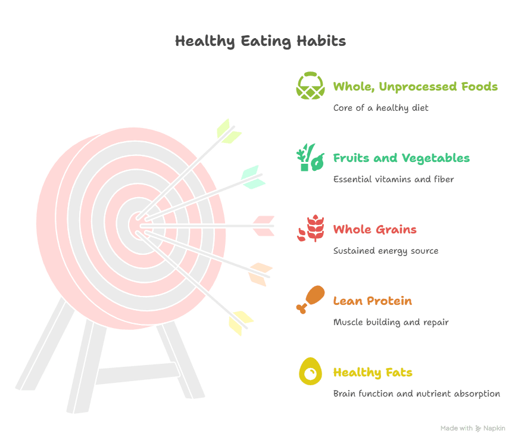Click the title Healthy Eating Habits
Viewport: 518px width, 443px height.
[260, 41]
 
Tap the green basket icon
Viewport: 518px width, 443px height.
[311, 86]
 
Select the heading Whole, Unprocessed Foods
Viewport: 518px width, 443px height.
[415, 86]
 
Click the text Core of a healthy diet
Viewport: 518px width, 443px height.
[380, 108]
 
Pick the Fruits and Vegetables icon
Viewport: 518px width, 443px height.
[310, 157]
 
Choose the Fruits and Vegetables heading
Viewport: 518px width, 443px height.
[401, 158]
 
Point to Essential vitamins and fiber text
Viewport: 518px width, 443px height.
[393, 179]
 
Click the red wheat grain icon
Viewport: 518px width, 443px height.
[310, 229]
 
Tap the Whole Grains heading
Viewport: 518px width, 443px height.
[375, 229]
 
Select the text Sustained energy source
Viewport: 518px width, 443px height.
[385, 251]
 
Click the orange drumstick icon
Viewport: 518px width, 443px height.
[311, 300]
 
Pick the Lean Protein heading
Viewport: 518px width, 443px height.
[372, 301]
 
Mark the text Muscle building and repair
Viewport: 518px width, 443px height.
[391, 322]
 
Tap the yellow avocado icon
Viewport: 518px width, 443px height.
[310, 372]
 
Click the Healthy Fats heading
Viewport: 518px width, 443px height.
[373, 372]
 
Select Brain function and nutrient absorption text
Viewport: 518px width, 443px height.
[416, 394]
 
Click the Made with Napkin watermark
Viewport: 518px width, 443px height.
[473, 428]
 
